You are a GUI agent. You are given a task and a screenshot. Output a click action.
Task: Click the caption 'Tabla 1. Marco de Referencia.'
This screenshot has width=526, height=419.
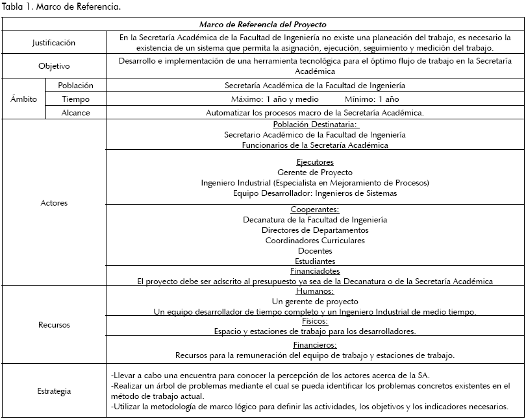coord(61,7)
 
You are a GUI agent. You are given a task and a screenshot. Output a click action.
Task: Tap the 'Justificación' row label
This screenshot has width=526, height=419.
coord(54,43)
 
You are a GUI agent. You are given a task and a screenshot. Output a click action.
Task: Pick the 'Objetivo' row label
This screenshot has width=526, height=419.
coord(54,66)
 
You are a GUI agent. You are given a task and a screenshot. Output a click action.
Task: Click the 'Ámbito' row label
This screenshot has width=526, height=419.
coord(24,99)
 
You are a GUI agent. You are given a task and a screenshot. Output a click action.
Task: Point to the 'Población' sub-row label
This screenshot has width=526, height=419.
coord(76,86)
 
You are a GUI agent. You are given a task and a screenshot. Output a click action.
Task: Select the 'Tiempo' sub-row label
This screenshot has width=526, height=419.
coord(76,99)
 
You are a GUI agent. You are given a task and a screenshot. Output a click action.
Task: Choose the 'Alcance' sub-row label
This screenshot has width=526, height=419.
coord(76,113)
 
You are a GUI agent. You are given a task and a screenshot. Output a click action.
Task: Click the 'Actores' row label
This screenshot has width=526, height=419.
coord(54,203)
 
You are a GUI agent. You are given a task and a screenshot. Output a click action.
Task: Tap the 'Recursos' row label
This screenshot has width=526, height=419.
coord(54,324)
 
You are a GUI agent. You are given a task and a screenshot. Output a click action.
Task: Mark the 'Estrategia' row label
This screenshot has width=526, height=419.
coord(54,391)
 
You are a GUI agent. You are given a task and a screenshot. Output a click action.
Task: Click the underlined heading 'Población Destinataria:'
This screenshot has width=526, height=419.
coord(315,125)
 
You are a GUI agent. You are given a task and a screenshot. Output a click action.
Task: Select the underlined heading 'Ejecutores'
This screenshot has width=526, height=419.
coord(315,162)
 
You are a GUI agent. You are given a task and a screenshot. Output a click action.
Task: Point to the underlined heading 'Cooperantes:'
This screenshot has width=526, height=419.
coord(315,210)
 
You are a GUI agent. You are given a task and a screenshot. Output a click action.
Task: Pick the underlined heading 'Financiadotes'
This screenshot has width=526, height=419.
coord(315,271)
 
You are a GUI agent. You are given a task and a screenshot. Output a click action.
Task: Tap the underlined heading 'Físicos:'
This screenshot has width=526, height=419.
coord(315,321)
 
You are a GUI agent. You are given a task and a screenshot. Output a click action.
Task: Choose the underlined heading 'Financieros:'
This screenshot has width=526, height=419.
coord(315,345)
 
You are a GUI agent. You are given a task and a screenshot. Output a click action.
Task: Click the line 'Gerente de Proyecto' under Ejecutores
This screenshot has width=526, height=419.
coord(315,173)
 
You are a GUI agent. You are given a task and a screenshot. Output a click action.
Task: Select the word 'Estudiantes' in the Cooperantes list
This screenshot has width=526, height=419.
coord(315,261)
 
